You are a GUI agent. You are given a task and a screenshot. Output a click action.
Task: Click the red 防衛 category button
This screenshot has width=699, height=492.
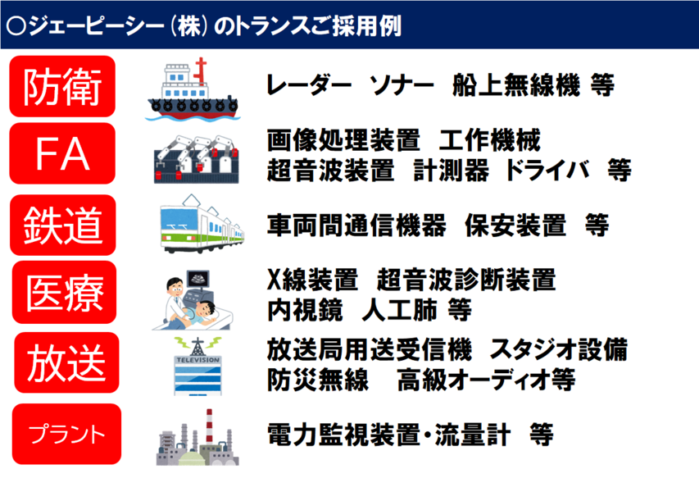[x=62, y=87]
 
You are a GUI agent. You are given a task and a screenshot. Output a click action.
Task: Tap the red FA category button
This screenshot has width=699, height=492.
[x=62, y=153]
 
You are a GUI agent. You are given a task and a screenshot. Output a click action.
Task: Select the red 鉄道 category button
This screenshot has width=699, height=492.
[x=63, y=225]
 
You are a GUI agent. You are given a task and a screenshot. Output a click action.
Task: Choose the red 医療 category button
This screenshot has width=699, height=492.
[x=64, y=292]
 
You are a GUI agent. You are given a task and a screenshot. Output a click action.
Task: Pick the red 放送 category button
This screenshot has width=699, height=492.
[x=67, y=362]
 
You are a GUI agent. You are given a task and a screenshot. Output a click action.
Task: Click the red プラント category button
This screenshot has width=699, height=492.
[x=67, y=434]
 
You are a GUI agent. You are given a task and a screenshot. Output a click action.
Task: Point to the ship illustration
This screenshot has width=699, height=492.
[x=193, y=89]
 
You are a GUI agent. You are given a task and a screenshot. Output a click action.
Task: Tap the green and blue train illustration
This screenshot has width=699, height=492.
[x=202, y=224]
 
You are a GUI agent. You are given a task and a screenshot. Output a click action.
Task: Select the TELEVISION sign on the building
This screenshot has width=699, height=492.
[x=198, y=359]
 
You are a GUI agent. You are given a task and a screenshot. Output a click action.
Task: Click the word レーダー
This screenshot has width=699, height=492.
[x=309, y=84]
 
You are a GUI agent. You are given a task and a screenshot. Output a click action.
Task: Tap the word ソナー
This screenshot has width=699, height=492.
[x=402, y=84]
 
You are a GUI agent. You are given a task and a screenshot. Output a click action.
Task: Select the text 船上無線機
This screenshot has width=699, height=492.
[x=515, y=84]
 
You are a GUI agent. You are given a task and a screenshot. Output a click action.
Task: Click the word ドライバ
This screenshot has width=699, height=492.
[x=548, y=170]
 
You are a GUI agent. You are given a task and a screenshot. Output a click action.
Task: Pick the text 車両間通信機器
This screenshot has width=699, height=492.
[x=356, y=225]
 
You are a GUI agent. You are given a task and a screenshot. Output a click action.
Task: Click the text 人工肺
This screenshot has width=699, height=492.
[x=399, y=310]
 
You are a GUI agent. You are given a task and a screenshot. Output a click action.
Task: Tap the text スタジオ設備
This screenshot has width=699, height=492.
[x=559, y=349]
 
